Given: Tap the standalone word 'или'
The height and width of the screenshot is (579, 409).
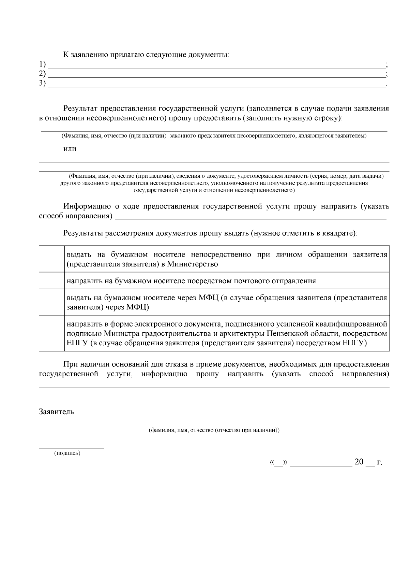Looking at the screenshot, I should click(70, 149).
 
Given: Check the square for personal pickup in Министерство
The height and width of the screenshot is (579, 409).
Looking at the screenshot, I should click(52, 259).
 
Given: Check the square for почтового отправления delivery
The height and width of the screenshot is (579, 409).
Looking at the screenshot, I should click(52, 281).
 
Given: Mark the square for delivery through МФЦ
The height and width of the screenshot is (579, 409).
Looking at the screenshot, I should click(52, 302).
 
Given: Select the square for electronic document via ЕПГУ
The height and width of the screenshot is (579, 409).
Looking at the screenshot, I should click(52, 333).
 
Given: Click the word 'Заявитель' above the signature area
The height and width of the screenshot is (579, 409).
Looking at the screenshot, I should click(57, 411).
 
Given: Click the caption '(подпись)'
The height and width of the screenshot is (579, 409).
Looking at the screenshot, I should click(67, 453).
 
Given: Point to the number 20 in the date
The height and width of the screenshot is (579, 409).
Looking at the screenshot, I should click(359, 462).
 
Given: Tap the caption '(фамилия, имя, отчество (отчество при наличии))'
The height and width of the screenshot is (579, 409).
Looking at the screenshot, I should click(214, 430).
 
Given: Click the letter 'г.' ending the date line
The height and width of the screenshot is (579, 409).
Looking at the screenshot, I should click(379, 462).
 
